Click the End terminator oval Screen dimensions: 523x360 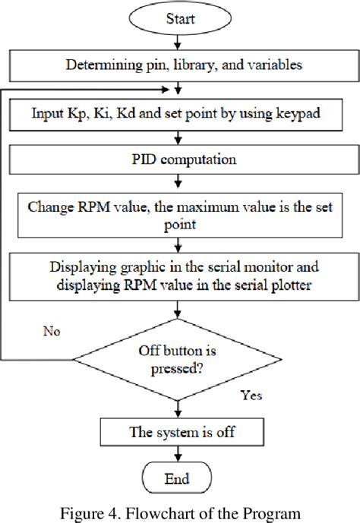177,479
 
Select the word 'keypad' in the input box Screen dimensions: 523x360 300,113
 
